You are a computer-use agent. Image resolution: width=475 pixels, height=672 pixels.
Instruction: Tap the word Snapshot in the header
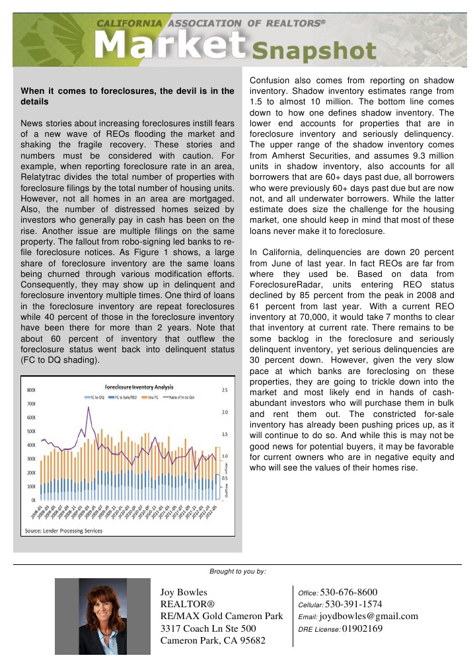click(303, 51)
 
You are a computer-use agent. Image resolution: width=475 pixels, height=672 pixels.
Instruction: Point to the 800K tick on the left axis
click(30, 390)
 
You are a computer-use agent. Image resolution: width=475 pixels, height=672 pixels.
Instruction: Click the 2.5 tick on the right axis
click(225, 390)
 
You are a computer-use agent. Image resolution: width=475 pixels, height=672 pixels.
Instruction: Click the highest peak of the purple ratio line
click(88, 408)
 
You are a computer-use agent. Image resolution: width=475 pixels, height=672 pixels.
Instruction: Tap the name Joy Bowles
click(184, 592)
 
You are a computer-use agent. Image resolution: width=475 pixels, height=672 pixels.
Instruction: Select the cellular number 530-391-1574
click(353, 604)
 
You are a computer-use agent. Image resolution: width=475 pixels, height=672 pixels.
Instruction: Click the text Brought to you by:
click(237, 570)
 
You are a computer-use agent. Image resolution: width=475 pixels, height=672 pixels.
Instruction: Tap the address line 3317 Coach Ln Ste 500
click(208, 629)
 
